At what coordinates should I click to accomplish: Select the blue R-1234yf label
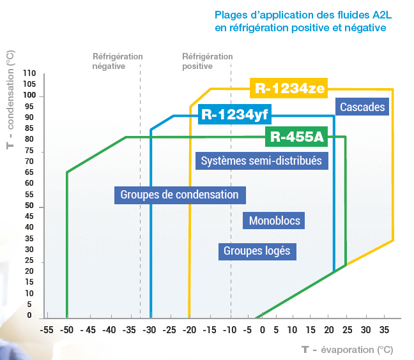coord(234,114)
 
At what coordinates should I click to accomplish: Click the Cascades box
coord(362,107)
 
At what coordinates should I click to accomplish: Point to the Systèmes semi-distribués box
coord(261,160)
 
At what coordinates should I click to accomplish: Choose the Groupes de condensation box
coord(180,195)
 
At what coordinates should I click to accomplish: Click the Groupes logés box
coord(257,251)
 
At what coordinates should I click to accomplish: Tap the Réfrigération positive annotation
coord(207,61)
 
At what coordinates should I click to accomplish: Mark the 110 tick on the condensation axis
coord(29,73)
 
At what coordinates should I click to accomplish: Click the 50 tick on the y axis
coord(29,206)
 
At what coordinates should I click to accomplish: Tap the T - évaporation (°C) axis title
coord(348,349)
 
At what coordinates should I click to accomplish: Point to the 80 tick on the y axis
coord(29,139)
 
